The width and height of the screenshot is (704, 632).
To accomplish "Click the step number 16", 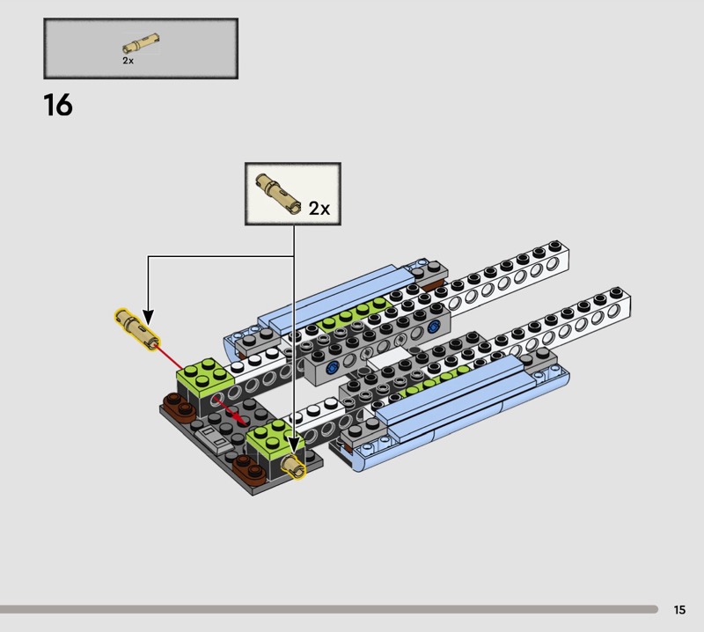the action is click(58, 105).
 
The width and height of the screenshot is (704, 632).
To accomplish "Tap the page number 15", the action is click(679, 609).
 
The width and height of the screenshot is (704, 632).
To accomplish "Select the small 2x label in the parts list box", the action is click(128, 61).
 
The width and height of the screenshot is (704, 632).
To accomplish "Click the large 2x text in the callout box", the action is click(319, 209).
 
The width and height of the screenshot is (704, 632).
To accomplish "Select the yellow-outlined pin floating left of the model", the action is click(137, 329).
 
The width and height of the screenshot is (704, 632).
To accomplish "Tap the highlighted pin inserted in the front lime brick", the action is click(293, 467).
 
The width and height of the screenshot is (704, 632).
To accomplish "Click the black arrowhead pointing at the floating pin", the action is click(148, 317).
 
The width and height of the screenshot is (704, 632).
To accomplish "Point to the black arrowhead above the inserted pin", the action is click(294, 445).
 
